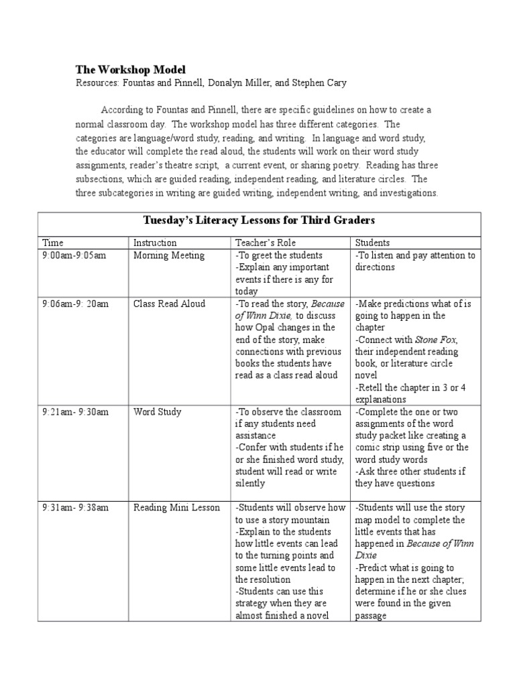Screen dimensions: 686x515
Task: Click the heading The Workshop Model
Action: point(130,70)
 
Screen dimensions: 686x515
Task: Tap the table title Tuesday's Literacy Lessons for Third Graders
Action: point(259,220)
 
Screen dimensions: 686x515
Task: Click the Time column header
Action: point(53,243)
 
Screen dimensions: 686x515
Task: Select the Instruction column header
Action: point(155,243)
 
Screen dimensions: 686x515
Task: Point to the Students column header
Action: point(372,243)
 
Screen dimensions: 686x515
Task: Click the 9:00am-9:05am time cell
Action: point(74,255)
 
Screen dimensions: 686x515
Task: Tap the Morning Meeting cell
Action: point(169,255)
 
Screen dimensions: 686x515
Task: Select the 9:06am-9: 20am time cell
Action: point(75,303)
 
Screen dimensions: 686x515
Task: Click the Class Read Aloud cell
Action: point(169,303)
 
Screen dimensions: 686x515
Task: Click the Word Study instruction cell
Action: point(158,412)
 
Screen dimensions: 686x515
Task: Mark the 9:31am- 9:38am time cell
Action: point(75,507)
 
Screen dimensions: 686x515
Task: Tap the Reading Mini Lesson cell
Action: point(176,507)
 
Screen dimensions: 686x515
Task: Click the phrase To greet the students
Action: point(279,255)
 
